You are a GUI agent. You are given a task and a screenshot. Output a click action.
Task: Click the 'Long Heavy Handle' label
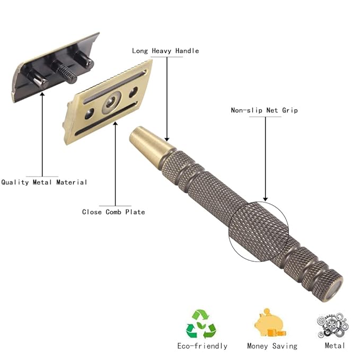click(x=165, y=51)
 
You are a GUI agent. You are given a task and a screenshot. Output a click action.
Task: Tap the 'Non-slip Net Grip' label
click(x=264, y=110)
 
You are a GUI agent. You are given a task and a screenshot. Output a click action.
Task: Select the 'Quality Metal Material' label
click(x=44, y=182)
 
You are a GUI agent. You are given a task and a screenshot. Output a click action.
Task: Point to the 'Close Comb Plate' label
click(x=113, y=212)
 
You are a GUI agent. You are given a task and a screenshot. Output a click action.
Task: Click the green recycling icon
click(x=201, y=324)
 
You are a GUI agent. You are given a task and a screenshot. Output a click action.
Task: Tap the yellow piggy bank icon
click(x=270, y=323)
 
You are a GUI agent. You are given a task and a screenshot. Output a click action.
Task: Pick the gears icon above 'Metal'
click(x=332, y=325)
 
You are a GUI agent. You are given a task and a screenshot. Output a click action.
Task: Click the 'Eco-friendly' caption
click(x=203, y=346)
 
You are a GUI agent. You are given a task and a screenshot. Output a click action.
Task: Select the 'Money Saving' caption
click(x=272, y=346)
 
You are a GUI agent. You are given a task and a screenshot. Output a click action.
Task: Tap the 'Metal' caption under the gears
click(x=335, y=346)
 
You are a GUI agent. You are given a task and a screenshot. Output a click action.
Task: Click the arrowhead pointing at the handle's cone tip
click(x=167, y=139)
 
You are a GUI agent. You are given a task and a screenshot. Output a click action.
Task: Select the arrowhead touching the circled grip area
click(x=266, y=199)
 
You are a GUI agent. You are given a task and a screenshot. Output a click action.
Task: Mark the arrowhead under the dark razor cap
click(x=42, y=94)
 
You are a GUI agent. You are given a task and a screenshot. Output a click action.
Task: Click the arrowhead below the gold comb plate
click(x=116, y=124)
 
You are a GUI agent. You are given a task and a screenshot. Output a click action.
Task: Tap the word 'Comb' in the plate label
click(x=113, y=212)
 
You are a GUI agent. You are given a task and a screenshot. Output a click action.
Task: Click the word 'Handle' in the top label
click(x=187, y=51)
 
